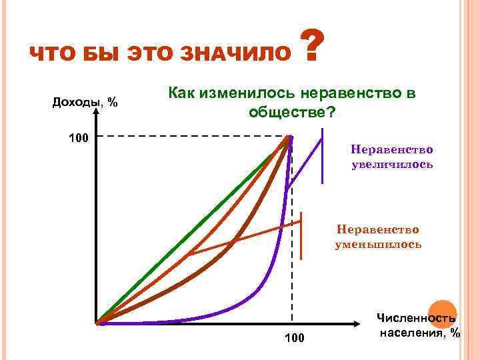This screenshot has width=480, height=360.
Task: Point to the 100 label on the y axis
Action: coord(78,139)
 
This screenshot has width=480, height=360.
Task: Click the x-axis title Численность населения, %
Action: coord(419,325)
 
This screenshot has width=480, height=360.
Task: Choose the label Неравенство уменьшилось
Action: coord(378,237)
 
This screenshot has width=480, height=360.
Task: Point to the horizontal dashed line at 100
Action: coord(193,136)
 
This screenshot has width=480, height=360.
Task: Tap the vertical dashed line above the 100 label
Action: coord(291,267)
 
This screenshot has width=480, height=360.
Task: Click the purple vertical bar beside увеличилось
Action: coord(323,157)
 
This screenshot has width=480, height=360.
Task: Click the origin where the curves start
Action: coord(97,324)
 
